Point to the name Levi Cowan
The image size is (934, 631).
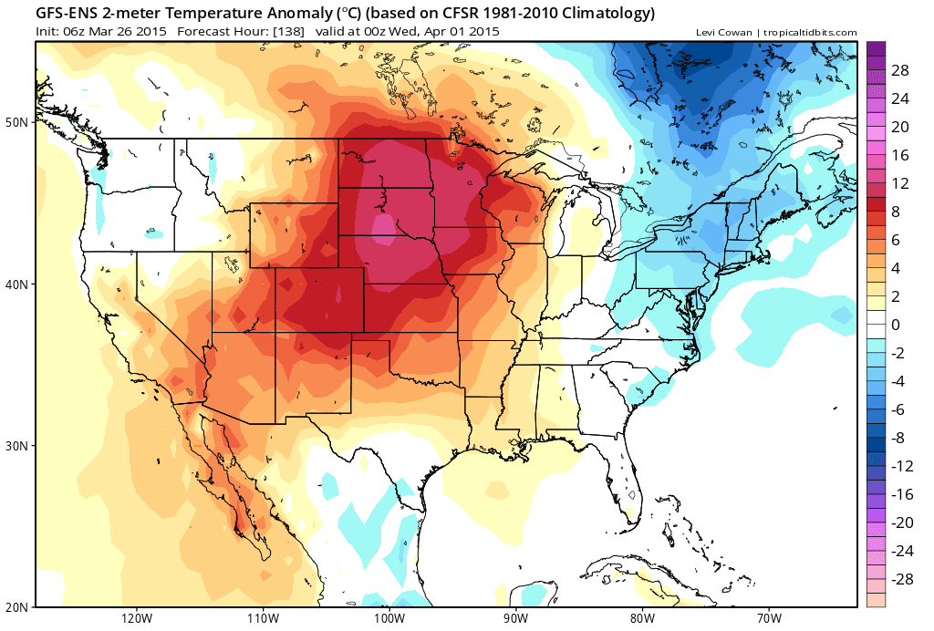pos(723,33)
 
